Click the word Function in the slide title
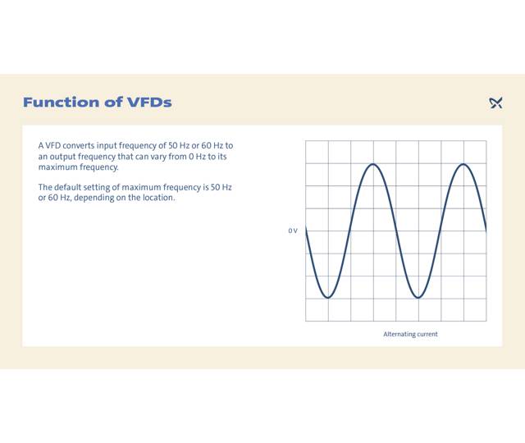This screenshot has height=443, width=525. (58, 103)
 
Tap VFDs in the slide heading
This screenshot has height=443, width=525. (149, 103)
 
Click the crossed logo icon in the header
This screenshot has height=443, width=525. (495, 103)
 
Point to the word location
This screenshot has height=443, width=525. (158, 198)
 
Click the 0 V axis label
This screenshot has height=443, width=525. (293, 231)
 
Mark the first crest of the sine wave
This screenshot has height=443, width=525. (373, 164)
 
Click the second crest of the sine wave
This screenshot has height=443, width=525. (463, 164)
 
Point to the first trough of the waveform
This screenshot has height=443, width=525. (328, 298)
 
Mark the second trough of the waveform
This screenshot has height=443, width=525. (418, 298)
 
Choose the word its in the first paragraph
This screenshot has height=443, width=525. (221, 156)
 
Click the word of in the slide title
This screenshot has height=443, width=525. (112, 103)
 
